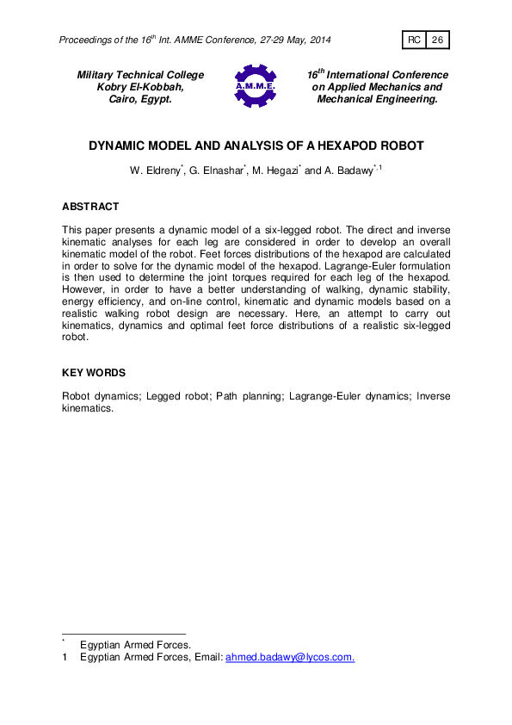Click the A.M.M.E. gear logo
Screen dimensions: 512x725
point(255,87)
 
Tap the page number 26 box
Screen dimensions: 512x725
point(437,40)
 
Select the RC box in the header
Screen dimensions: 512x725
point(414,40)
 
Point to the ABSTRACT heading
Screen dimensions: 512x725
point(90,207)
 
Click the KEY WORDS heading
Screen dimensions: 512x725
point(94,373)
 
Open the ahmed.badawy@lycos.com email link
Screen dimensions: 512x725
point(289,657)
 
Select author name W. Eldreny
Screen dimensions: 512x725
point(155,171)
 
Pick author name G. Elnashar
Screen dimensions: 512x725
point(218,171)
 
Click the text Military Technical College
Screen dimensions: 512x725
point(141,75)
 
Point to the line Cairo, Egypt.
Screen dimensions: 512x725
point(140,99)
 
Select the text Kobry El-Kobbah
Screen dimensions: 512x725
point(140,87)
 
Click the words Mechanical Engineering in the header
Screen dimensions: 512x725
point(378,99)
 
